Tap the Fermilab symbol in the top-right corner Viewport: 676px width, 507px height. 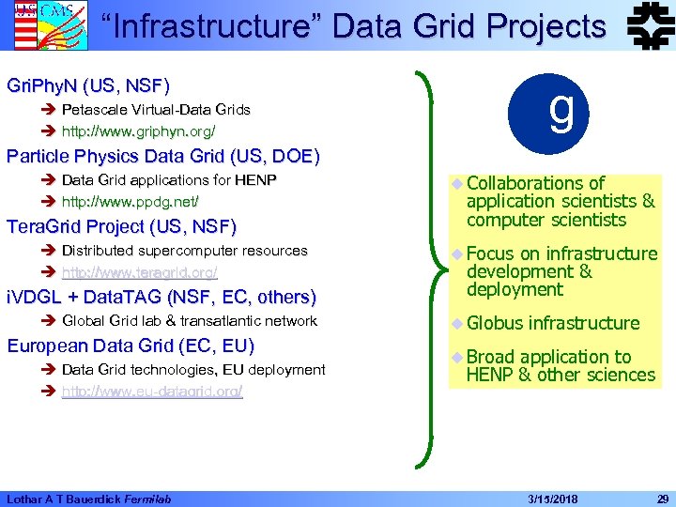tap(645, 25)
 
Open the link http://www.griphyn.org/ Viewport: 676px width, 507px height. tap(138, 131)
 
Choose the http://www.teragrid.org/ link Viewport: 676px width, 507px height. tap(139, 272)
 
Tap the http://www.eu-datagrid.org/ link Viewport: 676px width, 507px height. tap(152, 391)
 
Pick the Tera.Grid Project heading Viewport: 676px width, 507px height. tap(121, 226)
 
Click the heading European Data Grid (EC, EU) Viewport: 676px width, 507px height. tap(131, 345)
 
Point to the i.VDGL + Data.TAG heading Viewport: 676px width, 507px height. tap(161, 298)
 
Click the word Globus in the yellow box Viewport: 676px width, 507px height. tap(493, 324)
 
